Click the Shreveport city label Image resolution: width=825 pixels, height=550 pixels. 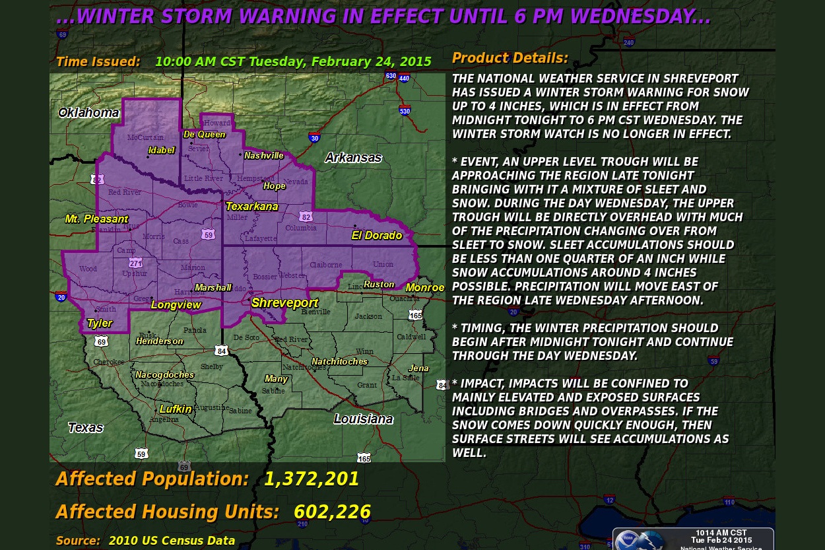tap(284, 303)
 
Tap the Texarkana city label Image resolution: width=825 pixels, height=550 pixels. tap(251, 207)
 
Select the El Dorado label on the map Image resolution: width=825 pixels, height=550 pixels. tap(376, 236)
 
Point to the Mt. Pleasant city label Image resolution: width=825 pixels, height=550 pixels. tap(96, 219)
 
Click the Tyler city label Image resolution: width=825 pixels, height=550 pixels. tap(100, 324)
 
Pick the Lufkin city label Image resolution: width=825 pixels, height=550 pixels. tap(176, 409)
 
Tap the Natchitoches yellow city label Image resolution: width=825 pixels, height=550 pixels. tap(339, 362)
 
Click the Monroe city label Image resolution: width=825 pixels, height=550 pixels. tap(424, 288)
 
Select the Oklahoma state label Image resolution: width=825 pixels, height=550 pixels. tap(88, 113)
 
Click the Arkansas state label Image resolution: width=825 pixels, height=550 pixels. tap(353, 157)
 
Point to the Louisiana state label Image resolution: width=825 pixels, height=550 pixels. tap(363, 419)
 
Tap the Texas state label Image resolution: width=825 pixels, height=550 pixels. tap(85, 428)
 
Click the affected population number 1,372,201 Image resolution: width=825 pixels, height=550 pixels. tap(312, 479)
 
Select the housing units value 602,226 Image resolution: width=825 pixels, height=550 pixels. tap(332, 512)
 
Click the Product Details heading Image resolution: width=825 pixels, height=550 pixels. tap(510, 58)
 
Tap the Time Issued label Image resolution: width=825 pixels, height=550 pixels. tap(98, 62)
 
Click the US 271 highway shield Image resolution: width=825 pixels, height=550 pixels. tap(136, 263)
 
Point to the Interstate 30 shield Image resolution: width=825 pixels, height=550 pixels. tap(314, 137)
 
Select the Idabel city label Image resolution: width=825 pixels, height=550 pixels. tap(162, 151)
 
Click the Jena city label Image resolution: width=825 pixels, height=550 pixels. tap(418, 368)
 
